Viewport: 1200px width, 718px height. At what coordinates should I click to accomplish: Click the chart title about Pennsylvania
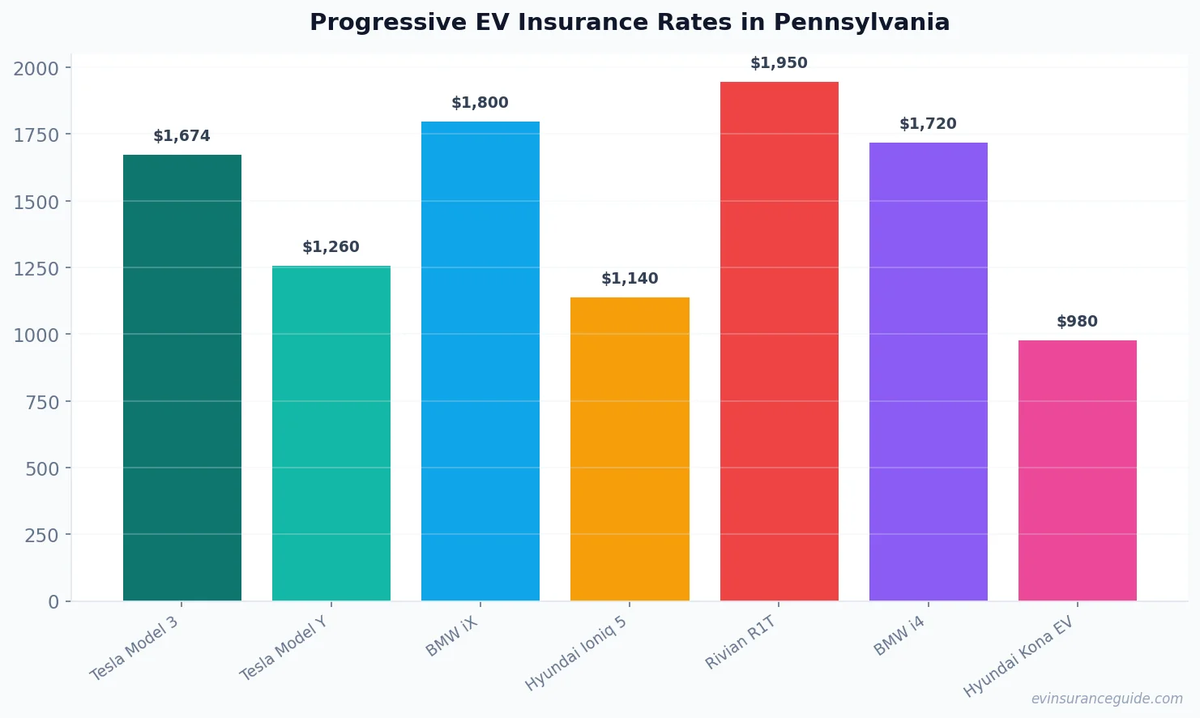click(629, 22)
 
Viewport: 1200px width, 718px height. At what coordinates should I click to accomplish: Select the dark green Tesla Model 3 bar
click(181, 378)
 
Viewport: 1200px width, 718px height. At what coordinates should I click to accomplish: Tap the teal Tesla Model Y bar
click(331, 434)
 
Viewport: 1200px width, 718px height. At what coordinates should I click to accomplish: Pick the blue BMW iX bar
click(480, 361)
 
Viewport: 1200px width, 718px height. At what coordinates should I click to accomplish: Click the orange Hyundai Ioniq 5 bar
click(630, 449)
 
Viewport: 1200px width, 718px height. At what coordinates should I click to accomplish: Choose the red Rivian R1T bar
click(779, 341)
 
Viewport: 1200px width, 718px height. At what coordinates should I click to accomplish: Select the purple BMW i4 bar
click(928, 372)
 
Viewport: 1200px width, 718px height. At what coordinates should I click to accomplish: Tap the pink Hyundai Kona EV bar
click(1077, 471)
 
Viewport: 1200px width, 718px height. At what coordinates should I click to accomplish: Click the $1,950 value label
click(779, 63)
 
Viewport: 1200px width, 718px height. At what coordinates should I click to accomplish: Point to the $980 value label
click(1077, 322)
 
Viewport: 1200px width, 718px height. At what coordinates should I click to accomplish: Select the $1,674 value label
click(181, 136)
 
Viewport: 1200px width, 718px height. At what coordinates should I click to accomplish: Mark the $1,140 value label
click(630, 279)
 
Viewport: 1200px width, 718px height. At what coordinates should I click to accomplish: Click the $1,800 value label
click(480, 103)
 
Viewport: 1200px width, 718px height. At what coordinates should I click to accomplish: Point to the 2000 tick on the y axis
click(36, 69)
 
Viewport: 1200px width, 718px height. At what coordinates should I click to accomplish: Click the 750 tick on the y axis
click(42, 402)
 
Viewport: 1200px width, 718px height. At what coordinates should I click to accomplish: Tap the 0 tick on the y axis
click(53, 602)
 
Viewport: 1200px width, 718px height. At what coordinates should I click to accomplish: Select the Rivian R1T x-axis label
click(741, 643)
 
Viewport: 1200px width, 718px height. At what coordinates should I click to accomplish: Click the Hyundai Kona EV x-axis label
click(1018, 656)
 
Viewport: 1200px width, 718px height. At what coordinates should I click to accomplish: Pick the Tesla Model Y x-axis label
click(284, 647)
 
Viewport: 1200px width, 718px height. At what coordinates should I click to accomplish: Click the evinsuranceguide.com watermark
click(1107, 699)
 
